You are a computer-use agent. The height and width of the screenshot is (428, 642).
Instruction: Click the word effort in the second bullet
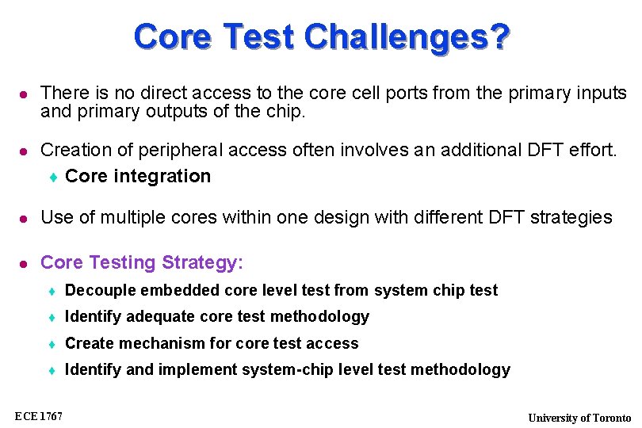pyautogui.click(x=590, y=150)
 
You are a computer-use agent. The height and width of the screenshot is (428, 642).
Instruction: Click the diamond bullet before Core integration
pyautogui.click(x=53, y=177)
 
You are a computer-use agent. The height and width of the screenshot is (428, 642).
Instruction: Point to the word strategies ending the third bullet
pyautogui.click(x=571, y=217)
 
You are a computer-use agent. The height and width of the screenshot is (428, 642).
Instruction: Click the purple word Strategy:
pyautogui.click(x=203, y=262)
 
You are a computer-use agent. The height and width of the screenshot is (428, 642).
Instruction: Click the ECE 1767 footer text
pyautogui.click(x=39, y=415)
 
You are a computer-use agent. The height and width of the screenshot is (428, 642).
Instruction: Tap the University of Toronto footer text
pyautogui.click(x=579, y=418)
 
